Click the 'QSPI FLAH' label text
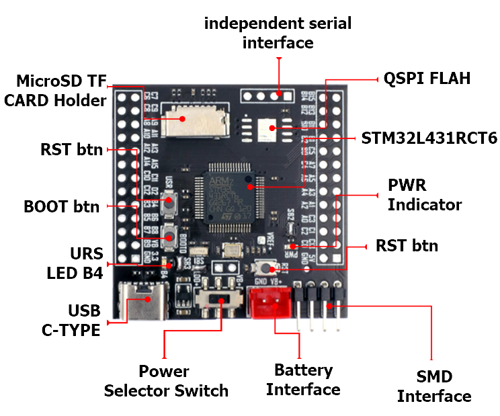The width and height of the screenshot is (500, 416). coord(427,78)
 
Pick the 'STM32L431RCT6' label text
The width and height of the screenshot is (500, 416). coord(429,138)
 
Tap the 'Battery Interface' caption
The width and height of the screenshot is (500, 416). coord(303,380)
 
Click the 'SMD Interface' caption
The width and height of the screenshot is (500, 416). coord(433,386)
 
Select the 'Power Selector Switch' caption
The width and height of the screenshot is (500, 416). coord(165,380)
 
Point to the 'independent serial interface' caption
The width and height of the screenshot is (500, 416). coord(278,33)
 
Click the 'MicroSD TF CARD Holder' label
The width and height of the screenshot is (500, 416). coord(62,91)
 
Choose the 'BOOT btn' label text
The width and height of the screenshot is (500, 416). coord(61,206)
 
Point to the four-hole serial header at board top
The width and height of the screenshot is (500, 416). coord(268,95)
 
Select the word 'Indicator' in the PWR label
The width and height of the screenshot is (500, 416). coord(425,204)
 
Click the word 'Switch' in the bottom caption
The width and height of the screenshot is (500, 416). coord(201,390)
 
